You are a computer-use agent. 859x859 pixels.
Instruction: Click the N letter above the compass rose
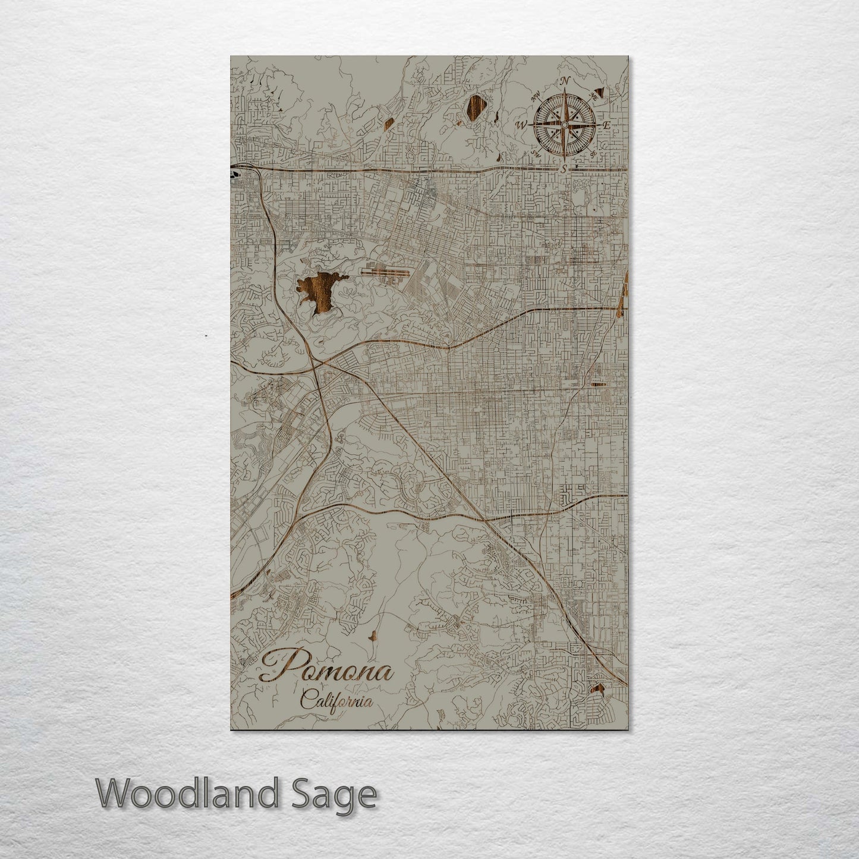(565, 81)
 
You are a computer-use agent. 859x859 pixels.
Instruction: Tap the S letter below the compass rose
(564, 169)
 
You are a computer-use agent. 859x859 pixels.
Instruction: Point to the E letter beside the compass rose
(606, 125)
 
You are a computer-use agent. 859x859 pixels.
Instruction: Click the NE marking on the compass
(593, 96)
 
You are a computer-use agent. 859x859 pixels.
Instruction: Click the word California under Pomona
(337, 700)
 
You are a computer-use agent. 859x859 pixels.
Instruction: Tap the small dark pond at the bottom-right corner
(598, 689)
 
